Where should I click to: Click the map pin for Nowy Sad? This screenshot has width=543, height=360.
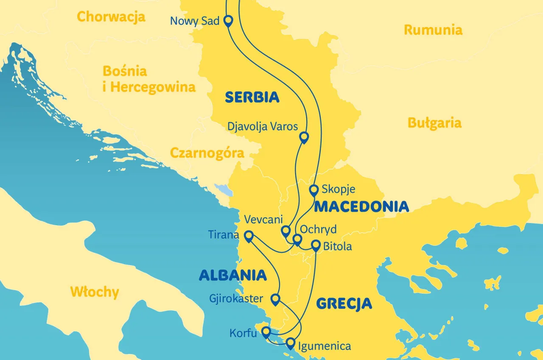[x=228, y=20]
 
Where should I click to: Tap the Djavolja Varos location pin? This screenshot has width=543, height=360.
[x=304, y=137]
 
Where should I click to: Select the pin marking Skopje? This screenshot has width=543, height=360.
[x=313, y=190]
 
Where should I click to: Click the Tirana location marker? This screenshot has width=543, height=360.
[x=249, y=235]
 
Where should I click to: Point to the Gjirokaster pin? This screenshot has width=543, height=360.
[x=275, y=299]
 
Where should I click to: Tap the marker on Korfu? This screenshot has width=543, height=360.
[x=266, y=332]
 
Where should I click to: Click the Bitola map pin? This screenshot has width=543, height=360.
[x=316, y=245]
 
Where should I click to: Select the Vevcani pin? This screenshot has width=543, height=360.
[x=285, y=231]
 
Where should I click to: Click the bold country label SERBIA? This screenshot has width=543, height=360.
[x=252, y=98]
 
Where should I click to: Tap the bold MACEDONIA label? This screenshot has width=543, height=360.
[x=361, y=207]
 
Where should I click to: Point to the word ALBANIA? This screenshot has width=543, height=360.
[x=233, y=276]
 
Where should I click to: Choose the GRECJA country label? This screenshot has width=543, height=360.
[x=344, y=304]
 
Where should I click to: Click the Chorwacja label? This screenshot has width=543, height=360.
[x=111, y=17]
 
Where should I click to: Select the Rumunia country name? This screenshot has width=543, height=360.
[x=433, y=30]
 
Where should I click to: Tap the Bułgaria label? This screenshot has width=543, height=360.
[x=434, y=123]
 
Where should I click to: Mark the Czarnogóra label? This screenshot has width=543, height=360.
[x=207, y=153]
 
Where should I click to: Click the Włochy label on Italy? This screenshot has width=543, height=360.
[x=95, y=292]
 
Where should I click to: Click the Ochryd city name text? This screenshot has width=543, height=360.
[x=318, y=229]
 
